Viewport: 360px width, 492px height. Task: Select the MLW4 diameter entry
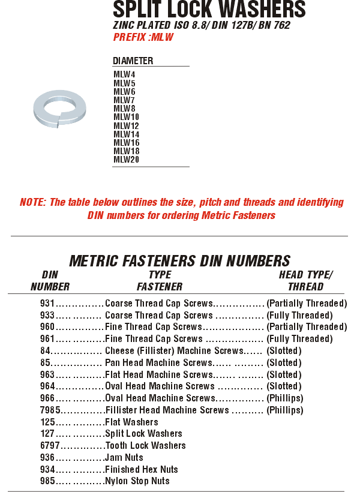[124, 74]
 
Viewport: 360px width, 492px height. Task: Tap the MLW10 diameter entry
[126, 117]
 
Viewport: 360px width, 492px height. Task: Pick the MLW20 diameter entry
[126, 160]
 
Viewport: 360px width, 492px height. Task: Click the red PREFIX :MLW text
[143, 37]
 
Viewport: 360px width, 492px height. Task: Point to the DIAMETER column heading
[133, 61]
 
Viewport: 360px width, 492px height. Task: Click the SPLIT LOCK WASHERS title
[209, 9]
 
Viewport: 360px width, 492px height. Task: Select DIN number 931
[47, 303]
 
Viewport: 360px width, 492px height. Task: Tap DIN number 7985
[50, 410]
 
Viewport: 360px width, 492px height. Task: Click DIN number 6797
[50, 445]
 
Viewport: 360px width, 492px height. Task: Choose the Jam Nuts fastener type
[124, 457]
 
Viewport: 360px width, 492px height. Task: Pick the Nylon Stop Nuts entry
[137, 481]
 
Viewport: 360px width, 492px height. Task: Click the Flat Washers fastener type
[131, 422]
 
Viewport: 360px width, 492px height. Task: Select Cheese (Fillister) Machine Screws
[174, 350]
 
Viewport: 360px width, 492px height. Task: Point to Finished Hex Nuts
[142, 469]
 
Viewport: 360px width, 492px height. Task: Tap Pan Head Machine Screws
[159, 362]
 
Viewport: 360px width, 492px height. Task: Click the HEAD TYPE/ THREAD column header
[306, 281]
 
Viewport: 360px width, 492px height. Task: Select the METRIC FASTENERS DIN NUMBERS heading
[179, 261]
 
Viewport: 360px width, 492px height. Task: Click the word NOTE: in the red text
[33, 202]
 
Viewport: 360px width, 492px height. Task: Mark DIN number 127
[47, 433]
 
